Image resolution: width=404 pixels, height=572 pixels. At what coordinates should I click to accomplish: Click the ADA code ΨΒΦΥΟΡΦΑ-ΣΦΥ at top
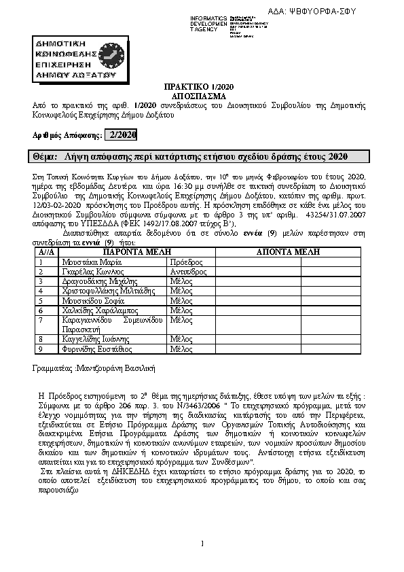333,12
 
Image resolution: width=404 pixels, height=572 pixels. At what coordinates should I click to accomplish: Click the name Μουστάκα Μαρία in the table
87,261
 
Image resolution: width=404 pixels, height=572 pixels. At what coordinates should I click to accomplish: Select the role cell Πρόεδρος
187,261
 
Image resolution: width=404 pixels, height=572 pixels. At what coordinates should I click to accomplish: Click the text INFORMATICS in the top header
208,16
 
